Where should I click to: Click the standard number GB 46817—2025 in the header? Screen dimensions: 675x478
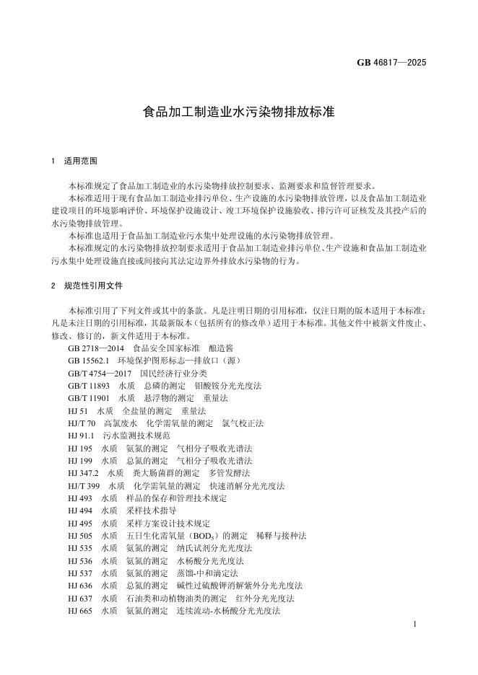point(391,62)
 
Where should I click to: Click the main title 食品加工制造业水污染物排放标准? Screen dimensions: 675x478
point(238,112)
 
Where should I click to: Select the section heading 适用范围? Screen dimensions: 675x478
point(80,160)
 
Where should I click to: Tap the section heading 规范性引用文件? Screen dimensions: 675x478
point(93,286)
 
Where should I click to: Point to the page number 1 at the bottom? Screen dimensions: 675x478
point(417,623)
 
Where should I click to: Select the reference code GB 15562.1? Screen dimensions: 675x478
point(88,361)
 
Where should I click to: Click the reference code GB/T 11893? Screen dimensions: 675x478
point(90,386)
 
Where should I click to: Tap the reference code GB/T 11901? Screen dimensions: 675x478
point(90,398)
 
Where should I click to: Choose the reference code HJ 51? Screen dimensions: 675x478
point(77,410)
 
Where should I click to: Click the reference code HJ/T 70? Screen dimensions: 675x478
point(81,423)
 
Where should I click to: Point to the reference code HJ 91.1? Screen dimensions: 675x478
point(81,436)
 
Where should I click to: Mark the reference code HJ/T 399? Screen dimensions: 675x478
point(84,485)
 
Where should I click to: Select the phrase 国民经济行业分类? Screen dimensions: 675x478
point(173,374)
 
